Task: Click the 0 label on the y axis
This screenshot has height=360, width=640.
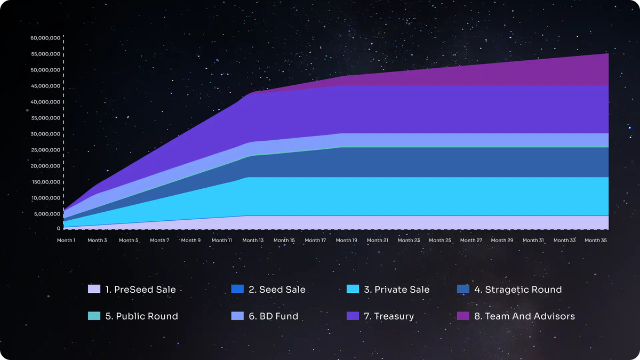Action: [x=59, y=228]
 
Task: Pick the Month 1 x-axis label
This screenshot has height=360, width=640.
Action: [x=66, y=241]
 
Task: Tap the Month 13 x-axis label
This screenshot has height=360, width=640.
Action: [x=253, y=241]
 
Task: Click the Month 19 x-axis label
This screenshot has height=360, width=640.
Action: [x=347, y=241]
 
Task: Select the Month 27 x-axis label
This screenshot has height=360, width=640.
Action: [x=471, y=241]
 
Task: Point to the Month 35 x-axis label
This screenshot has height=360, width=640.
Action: [x=596, y=241]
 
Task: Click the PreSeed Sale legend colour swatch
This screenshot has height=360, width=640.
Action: [x=94, y=289]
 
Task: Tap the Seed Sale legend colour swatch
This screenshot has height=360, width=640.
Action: [x=237, y=289]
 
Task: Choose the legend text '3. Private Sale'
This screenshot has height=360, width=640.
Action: [x=396, y=290]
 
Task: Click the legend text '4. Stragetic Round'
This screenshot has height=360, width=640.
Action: [x=518, y=290]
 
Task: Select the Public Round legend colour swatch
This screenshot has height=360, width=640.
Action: [x=94, y=316]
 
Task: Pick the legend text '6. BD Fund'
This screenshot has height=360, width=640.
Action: [x=273, y=316]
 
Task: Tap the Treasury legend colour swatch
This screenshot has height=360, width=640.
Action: [x=353, y=316]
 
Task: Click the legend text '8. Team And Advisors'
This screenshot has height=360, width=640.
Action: [x=524, y=316]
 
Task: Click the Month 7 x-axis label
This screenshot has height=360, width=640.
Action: [x=159, y=241]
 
